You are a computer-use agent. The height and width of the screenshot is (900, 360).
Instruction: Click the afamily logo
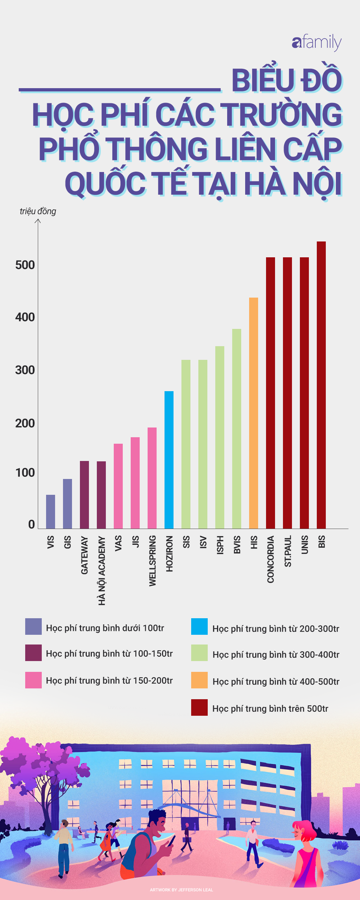click(x=316, y=43)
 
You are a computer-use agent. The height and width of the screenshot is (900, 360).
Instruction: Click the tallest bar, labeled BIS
click(x=321, y=385)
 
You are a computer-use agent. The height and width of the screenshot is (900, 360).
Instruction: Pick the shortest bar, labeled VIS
click(x=50, y=511)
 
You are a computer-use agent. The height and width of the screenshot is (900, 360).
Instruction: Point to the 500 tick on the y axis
click(x=25, y=265)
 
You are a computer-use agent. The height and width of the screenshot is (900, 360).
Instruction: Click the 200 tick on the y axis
click(x=25, y=423)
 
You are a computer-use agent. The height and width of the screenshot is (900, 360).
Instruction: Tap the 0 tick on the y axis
click(x=31, y=524)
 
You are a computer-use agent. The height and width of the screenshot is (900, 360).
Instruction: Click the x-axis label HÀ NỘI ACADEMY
click(x=102, y=570)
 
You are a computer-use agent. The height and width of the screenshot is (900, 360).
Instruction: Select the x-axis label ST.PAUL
click(x=288, y=551)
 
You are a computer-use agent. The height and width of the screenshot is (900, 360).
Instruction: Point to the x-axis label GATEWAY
click(x=84, y=555)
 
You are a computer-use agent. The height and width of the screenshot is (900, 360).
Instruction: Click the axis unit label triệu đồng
click(x=38, y=211)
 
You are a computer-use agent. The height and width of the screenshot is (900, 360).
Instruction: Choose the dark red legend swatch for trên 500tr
click(x=199, y=707)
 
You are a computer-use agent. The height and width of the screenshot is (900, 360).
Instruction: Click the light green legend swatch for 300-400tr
click(x=199, y=653)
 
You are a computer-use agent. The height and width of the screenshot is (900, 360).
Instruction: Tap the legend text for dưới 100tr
click(x=105, y=628)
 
